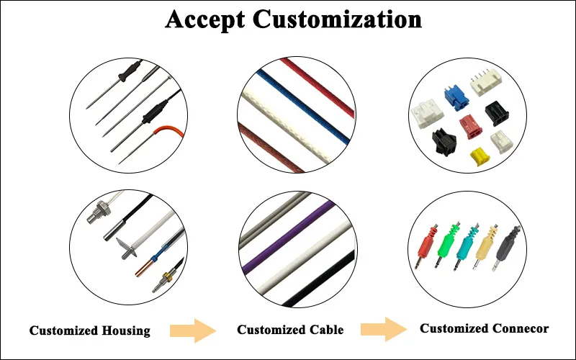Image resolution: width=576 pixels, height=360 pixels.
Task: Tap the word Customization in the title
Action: pyautogui.click(x=337, y=19)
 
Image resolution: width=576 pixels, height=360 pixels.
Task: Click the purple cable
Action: pyautogui.click(x=296, y=238)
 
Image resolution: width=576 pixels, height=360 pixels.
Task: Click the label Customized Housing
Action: pyautogui.click(x=90, y=331)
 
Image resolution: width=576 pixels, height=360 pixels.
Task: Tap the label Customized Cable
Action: pyautogui.click(x=290, y=330)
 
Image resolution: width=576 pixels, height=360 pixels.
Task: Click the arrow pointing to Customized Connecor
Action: pyautogui.click(x=384, y=330)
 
